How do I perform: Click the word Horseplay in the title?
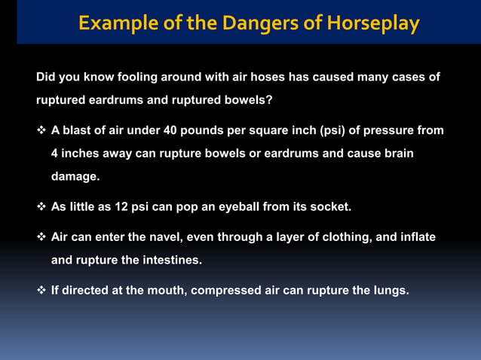point(373,23)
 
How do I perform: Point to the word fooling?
point(127,77)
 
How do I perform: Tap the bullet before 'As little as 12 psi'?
point(41,206)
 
